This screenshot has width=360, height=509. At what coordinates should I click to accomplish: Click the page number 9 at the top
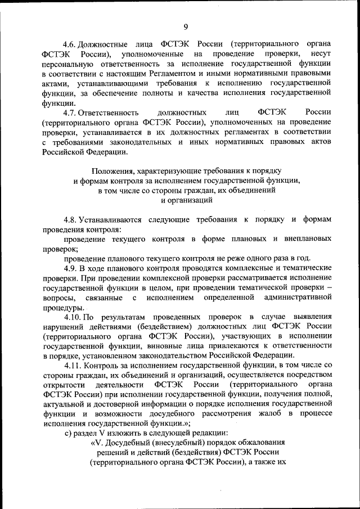point(185,26)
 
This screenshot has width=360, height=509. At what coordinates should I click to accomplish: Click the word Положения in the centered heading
point(110,170)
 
